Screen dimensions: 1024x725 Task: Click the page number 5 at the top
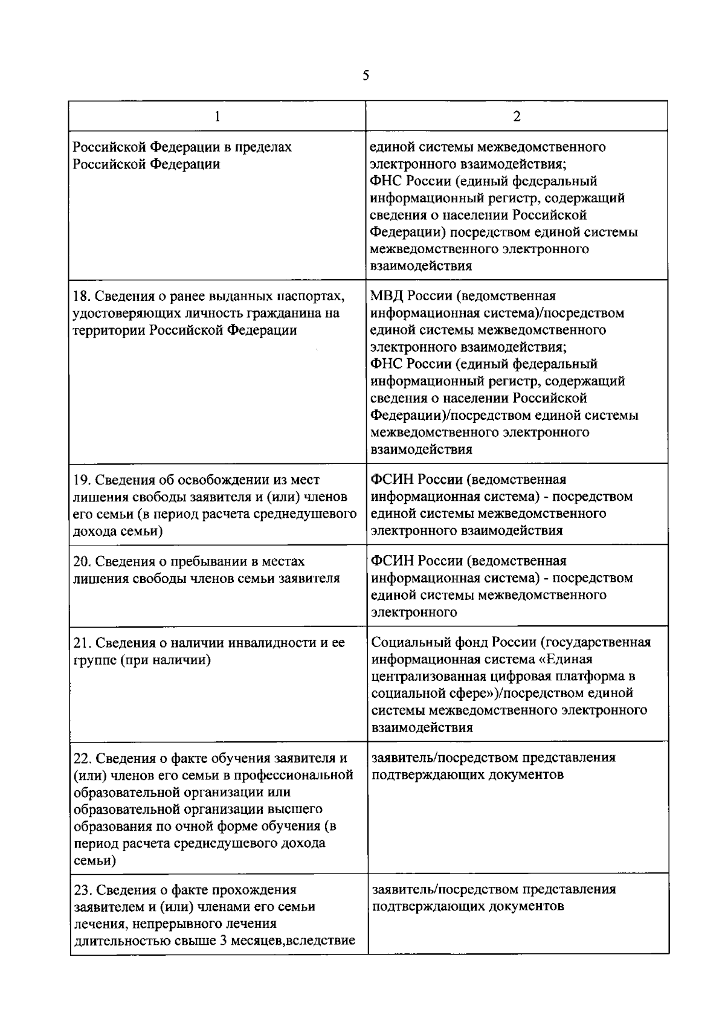click(x=366, y=76)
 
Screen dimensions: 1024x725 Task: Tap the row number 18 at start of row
click(x=81, y=297)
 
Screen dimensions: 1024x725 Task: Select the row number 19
click(x=81, y=480)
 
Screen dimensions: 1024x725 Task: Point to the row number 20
click(x=82, y=562)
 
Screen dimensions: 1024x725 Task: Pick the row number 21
click(x=81, y=643)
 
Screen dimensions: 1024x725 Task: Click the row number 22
click(x=82, y=759)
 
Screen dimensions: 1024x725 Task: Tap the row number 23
click(x=82, y=890)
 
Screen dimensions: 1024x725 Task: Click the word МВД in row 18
click(x=386, y=296)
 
